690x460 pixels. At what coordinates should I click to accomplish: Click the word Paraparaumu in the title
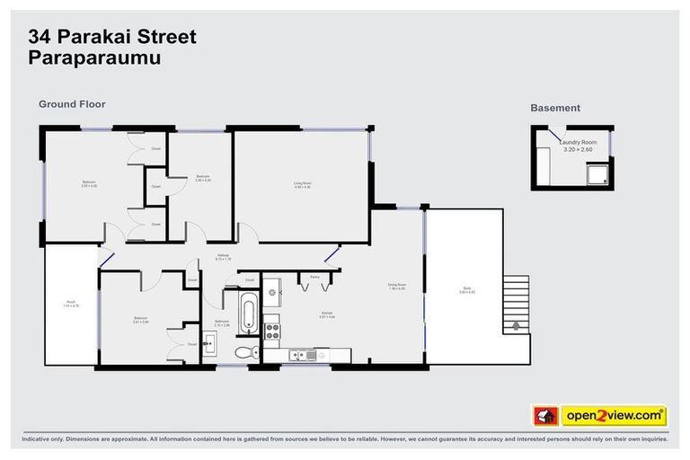[88, 59]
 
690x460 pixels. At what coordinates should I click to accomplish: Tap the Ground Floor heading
[72, 104]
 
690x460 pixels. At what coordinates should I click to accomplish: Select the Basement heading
[554, 108]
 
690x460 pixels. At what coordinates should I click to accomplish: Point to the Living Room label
[302, 185]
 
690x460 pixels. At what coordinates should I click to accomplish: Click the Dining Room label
[396, 286]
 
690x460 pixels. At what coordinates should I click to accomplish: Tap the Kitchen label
[327, 314]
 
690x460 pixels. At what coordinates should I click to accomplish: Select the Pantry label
[314, 278]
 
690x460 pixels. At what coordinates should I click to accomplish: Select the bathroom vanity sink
[209, 341]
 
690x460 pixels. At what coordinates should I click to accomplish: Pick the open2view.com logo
[614, 416]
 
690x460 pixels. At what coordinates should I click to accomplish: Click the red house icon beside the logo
[545, 416]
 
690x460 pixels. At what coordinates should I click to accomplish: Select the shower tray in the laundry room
[595, 172]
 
